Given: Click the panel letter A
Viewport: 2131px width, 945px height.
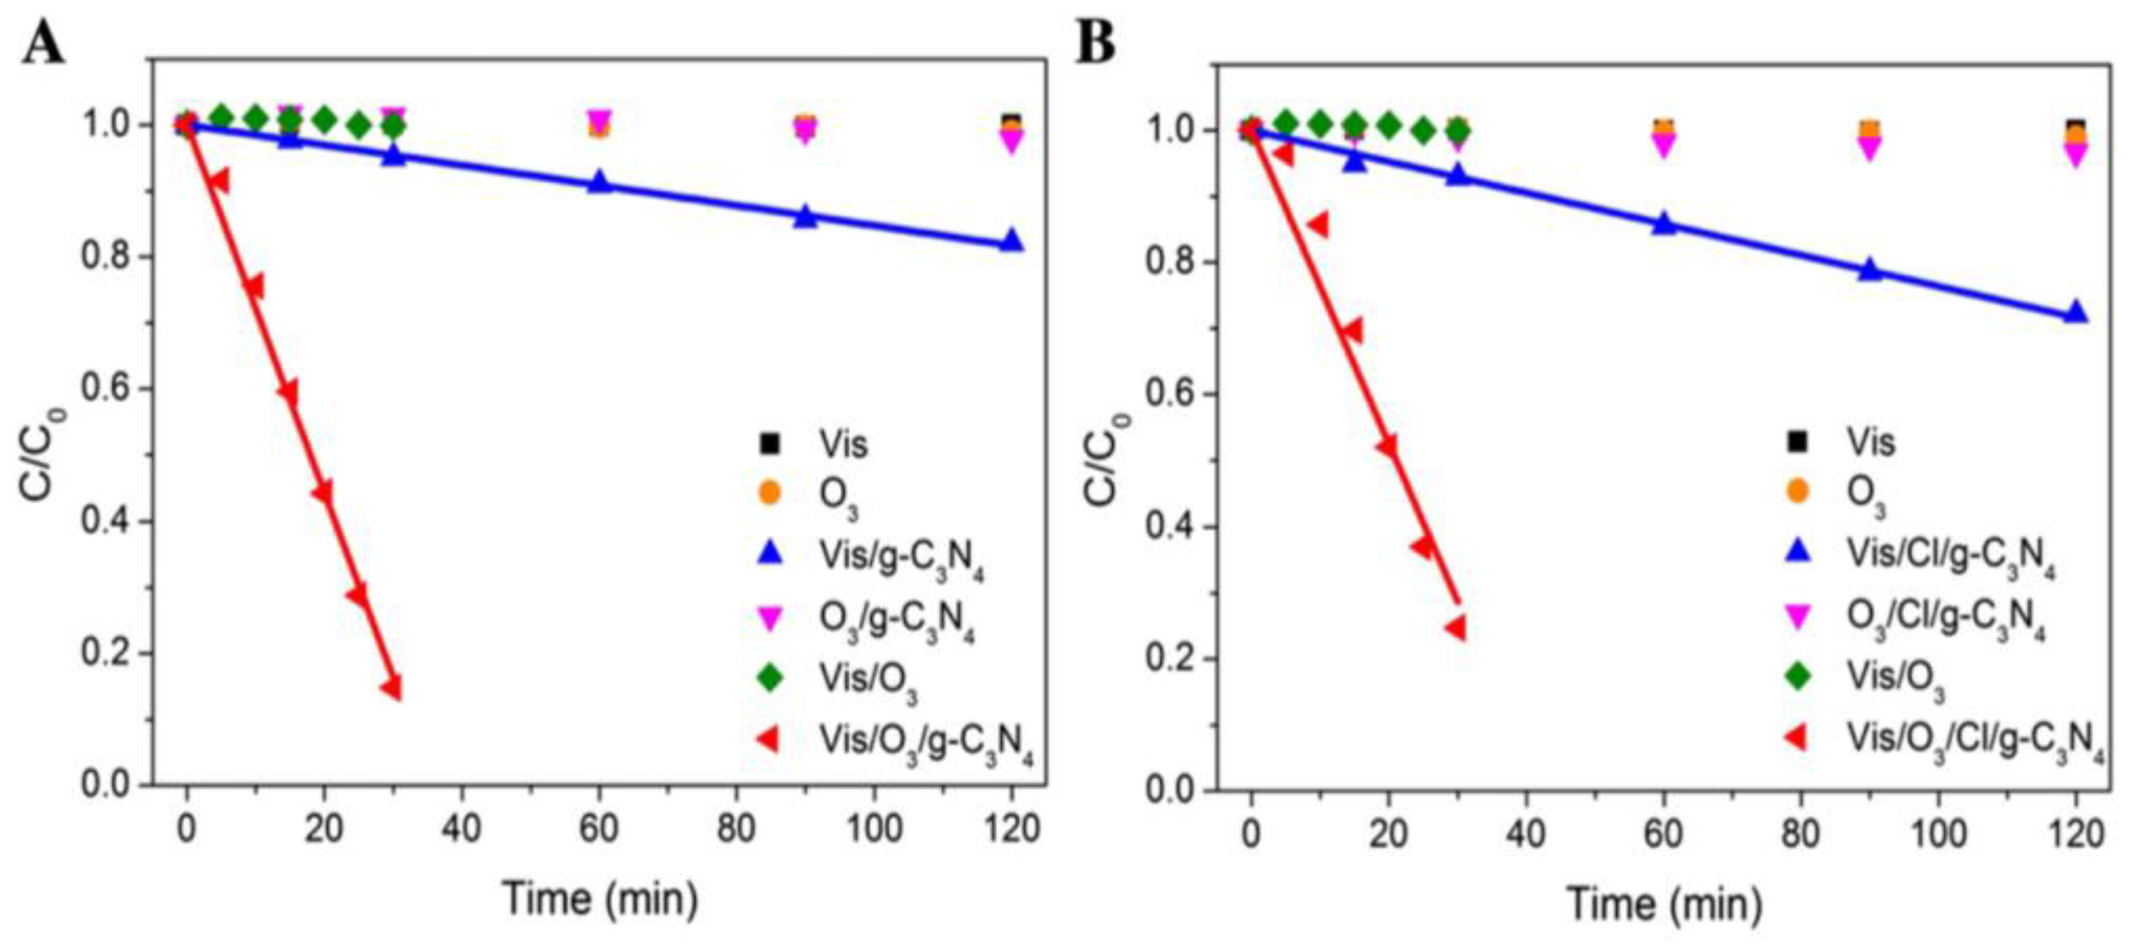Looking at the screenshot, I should tap(43, 43).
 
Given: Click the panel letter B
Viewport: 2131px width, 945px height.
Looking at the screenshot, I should tap(1096, 43).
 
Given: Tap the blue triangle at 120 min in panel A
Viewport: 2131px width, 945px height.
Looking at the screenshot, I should tap(1011, 241).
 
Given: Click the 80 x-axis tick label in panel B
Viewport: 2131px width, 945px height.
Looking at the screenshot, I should tap(1800, 834).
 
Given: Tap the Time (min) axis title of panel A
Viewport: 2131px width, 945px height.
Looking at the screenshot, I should tap(600, 899).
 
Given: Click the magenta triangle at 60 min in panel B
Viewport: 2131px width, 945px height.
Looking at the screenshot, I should tap(1664, 146).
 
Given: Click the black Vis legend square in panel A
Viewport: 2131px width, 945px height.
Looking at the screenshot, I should tap(770, 444).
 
